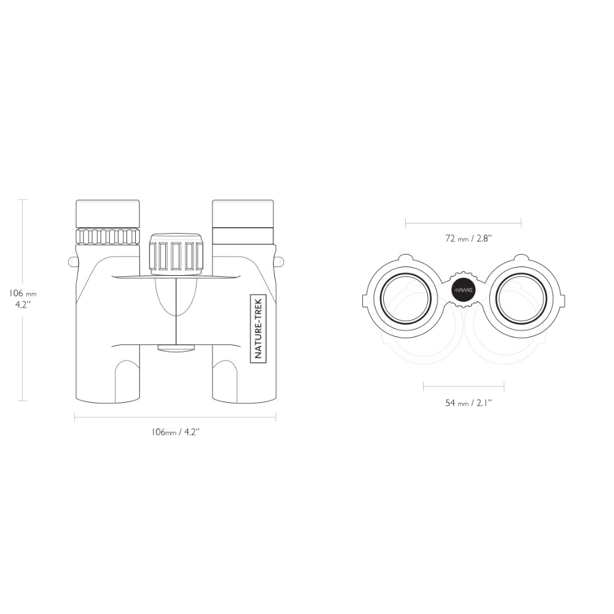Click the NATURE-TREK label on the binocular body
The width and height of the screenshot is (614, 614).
point(258,328)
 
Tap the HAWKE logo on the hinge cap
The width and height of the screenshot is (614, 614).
point(464,290)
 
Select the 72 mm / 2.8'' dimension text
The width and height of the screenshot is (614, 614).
point(468,238)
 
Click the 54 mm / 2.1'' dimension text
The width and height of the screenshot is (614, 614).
point(468,403)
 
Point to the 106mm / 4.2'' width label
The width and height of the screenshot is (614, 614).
point(176,432)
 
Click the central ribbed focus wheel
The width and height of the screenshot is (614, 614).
point(176,254)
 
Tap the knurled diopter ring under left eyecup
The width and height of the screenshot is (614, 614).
point(108,236)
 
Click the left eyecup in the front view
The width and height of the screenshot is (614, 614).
point(108,214)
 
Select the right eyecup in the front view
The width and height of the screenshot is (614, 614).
point(243,214)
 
